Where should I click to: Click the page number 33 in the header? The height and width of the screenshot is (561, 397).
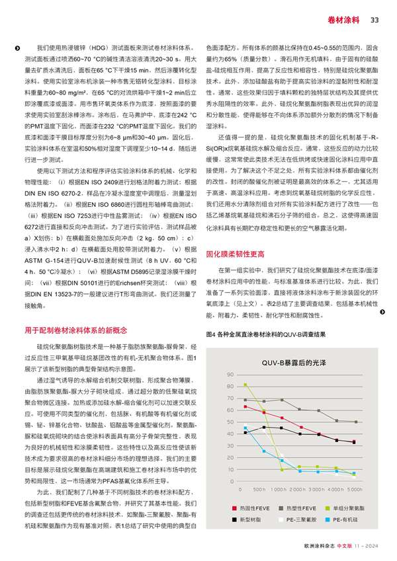tap(374, 20)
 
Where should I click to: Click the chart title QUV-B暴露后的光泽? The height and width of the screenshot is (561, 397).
tap(299, 364)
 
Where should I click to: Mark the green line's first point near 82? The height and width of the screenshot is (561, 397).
tap(245, 384)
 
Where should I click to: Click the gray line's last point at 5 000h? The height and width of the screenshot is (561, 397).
tap(355, 422)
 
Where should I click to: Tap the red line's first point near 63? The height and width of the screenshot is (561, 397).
tap(245, 406)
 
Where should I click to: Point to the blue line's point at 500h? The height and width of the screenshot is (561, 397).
tap(263, 451)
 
